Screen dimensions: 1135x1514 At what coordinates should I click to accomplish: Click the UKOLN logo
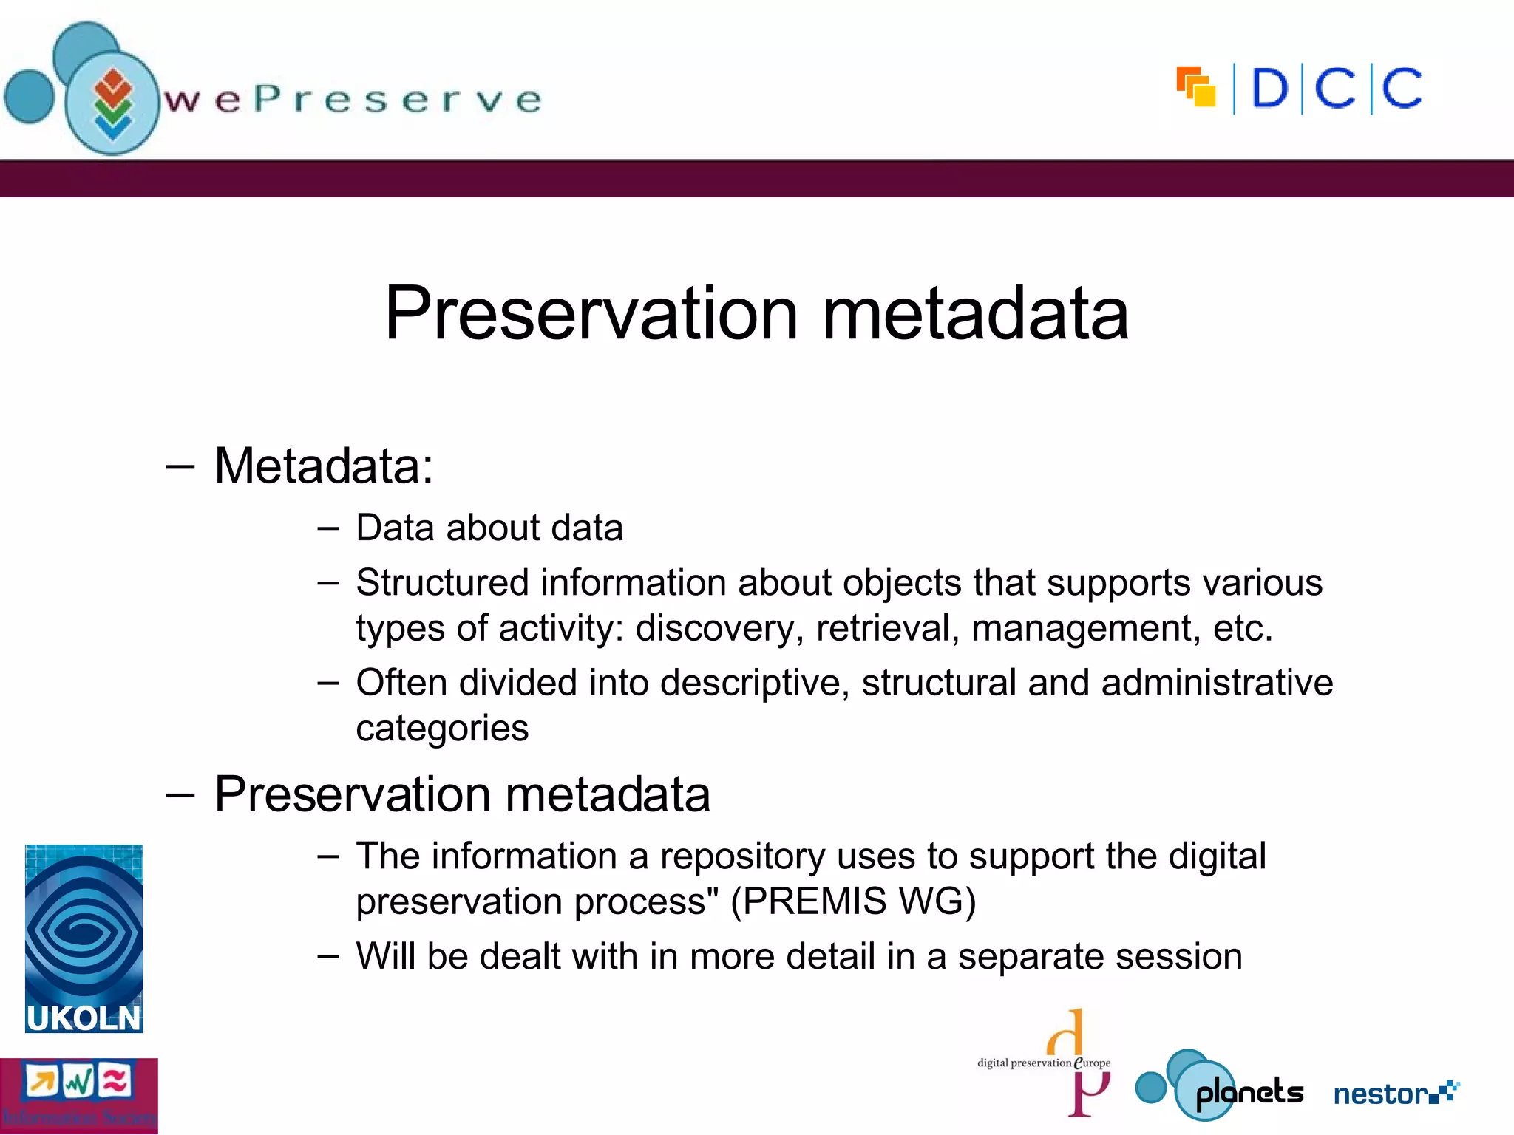pyautogui.click(x=84, y=938)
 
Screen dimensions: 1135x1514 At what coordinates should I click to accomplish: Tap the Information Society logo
pyautogui.click(x=78, y=1095)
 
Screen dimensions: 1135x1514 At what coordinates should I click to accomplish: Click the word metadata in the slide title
pyautogui.click(x=975, y=314)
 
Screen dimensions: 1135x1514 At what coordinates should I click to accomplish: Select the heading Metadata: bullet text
pyautogui.click(x=324, y=466)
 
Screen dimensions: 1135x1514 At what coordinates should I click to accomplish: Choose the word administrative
pyautogui.click(x=1217, y=682)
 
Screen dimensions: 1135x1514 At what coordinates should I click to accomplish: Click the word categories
pyautogui.click(x=442, y=729)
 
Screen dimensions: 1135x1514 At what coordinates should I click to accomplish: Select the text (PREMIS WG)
pyautogui.click(x=853, y=901)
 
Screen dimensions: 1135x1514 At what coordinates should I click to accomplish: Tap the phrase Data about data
pyautogui.click(x=489, y=528)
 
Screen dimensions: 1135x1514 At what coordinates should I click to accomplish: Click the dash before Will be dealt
pyautogui.click(x=327, y=956)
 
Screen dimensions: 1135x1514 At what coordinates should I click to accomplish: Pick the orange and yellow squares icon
pyautogui.click(x=1196, y=87)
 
